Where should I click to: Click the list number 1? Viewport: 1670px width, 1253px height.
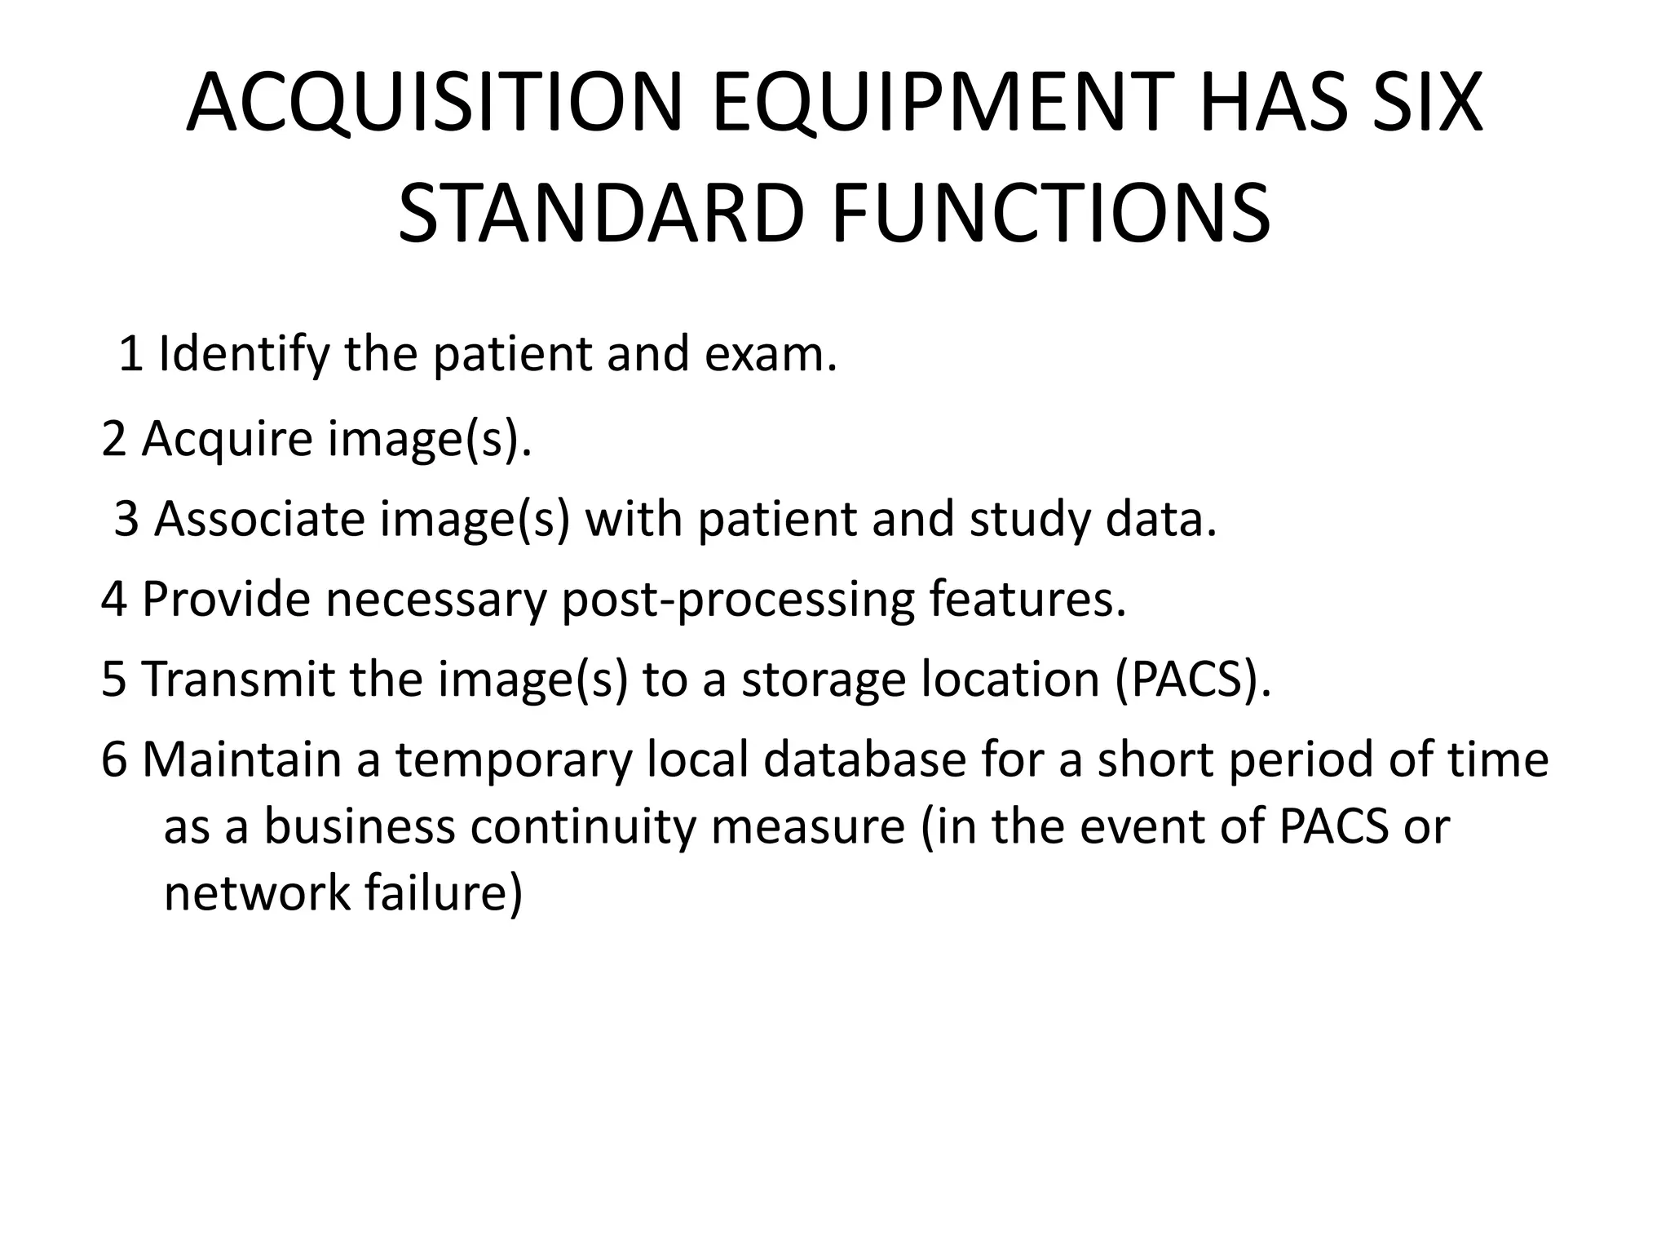point(131,355)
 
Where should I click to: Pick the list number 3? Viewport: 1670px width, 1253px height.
point(126,519)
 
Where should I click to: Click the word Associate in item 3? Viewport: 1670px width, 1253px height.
point(259,519)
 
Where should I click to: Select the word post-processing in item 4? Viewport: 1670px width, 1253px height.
point(738,600)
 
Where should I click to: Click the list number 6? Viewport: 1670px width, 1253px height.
point(114,759)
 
